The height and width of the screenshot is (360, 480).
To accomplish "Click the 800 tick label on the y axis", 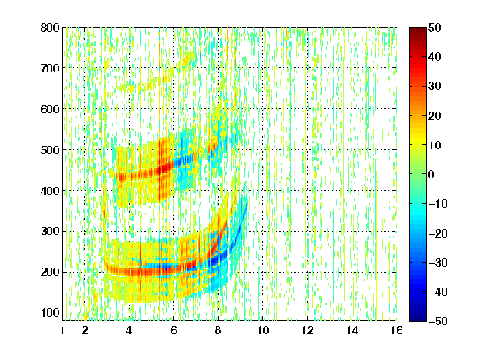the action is pos(50,27).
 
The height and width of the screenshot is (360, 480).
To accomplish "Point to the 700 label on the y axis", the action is pos(50,68).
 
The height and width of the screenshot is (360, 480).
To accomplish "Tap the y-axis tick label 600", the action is pos(50,109).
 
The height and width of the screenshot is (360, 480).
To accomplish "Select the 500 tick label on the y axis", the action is pos(50,150).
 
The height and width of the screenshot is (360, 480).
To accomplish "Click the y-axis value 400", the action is pos(50,191).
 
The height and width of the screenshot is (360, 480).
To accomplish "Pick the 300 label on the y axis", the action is pos(50,232).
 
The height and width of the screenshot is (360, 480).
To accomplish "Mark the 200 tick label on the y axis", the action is pos(50,272).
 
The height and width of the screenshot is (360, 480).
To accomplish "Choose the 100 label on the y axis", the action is pos(50,312).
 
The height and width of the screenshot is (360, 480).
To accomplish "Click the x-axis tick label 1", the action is pos(62,330).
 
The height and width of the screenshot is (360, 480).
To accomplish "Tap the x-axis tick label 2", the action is pos(85,330).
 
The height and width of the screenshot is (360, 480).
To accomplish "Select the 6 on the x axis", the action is pos(174,330).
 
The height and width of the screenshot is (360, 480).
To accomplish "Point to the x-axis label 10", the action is pos(263,330).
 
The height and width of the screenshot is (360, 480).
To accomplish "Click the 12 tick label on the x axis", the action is pos(307,330).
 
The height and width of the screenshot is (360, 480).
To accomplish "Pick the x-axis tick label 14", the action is pos(352,330).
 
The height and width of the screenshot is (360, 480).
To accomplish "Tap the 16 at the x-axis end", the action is pos(397,330).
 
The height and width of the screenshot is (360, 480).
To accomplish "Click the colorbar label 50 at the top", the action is pos(434,27).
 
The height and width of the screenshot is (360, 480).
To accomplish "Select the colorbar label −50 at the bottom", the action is pos(437,321).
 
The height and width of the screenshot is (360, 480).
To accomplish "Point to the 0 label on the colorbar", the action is pos(432,174).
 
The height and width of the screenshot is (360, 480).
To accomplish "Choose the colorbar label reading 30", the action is pos(434,87).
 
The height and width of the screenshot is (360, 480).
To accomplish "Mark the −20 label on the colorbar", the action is pos(437,233).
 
